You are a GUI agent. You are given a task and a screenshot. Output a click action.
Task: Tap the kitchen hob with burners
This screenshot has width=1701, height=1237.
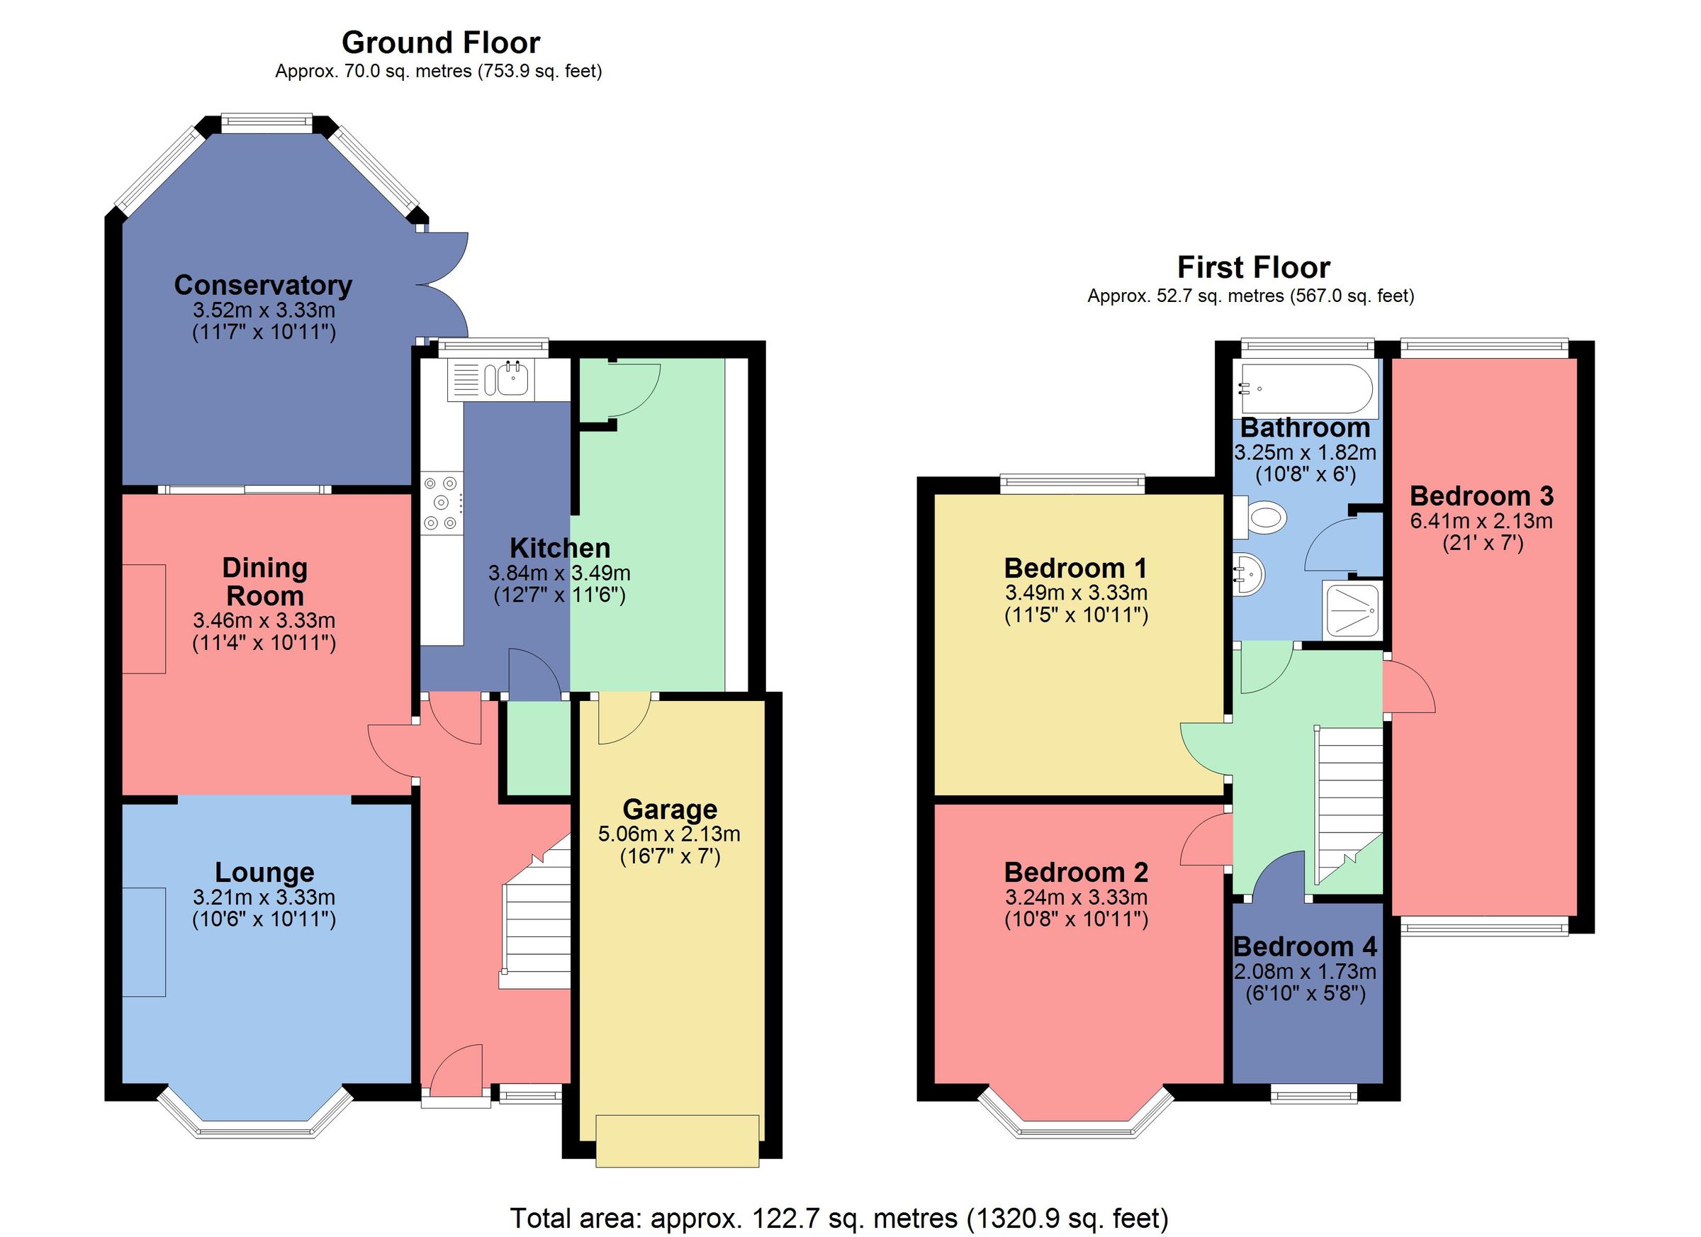[x=441, y=503]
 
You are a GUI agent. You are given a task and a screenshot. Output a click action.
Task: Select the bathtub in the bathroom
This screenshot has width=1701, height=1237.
[x=1306, y=388]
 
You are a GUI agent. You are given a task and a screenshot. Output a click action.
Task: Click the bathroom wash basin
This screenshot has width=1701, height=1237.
[x=1247, y=575]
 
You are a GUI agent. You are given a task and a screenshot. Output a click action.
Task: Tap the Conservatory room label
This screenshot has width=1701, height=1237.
[x=263, y=285]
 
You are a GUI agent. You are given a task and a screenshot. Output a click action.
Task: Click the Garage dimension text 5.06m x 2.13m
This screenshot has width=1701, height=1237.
[x=669, y=834]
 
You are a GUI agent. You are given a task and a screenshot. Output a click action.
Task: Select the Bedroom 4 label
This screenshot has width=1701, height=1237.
[x=1305, y=946]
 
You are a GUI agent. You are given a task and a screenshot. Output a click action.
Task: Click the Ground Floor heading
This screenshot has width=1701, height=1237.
[x=440, y=43]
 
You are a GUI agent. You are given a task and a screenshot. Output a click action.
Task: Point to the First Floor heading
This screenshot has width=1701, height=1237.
[x=1253, y=268]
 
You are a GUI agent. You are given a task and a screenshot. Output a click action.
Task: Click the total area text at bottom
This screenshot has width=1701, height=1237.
[x=838, y=1219]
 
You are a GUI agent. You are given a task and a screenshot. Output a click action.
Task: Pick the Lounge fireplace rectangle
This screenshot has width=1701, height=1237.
[x=144, y=942]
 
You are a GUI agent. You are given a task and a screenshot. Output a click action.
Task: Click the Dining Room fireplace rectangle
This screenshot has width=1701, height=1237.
[x=144, y=619]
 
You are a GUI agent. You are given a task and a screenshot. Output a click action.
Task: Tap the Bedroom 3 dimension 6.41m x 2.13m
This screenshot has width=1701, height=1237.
[x=1481, y=520]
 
